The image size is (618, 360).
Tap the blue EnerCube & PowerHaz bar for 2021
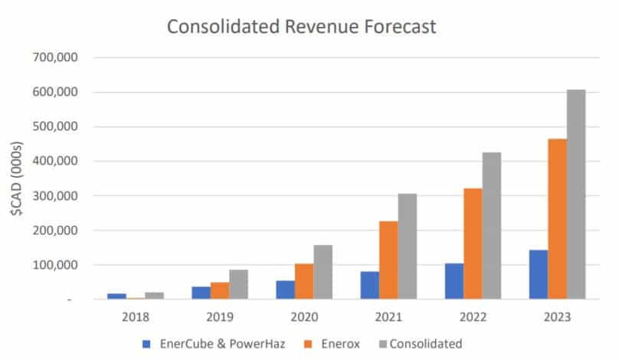(x=369, y=285)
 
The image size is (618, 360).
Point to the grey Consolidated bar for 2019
(x=240, y=284)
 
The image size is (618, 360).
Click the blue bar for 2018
(x=116, y=296)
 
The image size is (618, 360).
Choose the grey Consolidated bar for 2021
(x=407, y=246)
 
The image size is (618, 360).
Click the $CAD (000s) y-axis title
(x=17, y=176)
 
